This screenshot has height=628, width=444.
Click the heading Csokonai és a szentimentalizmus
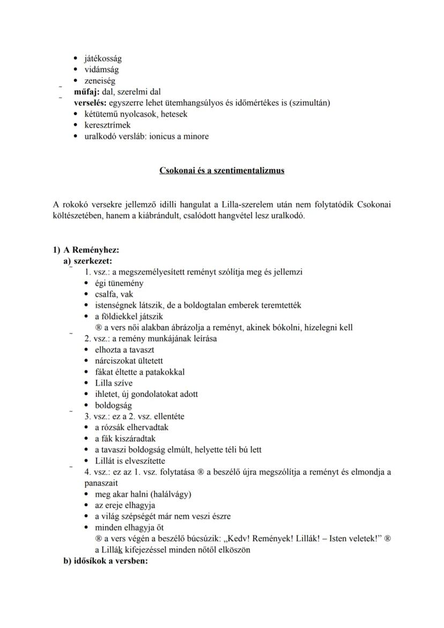(222, 171)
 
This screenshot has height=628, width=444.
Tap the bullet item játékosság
(103, 58)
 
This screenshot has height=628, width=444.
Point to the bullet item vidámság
(102, 70)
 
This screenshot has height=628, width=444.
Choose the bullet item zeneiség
(100, 81)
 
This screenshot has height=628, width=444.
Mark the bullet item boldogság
(113, 405)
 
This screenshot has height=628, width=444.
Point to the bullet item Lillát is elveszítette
(130, 461)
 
